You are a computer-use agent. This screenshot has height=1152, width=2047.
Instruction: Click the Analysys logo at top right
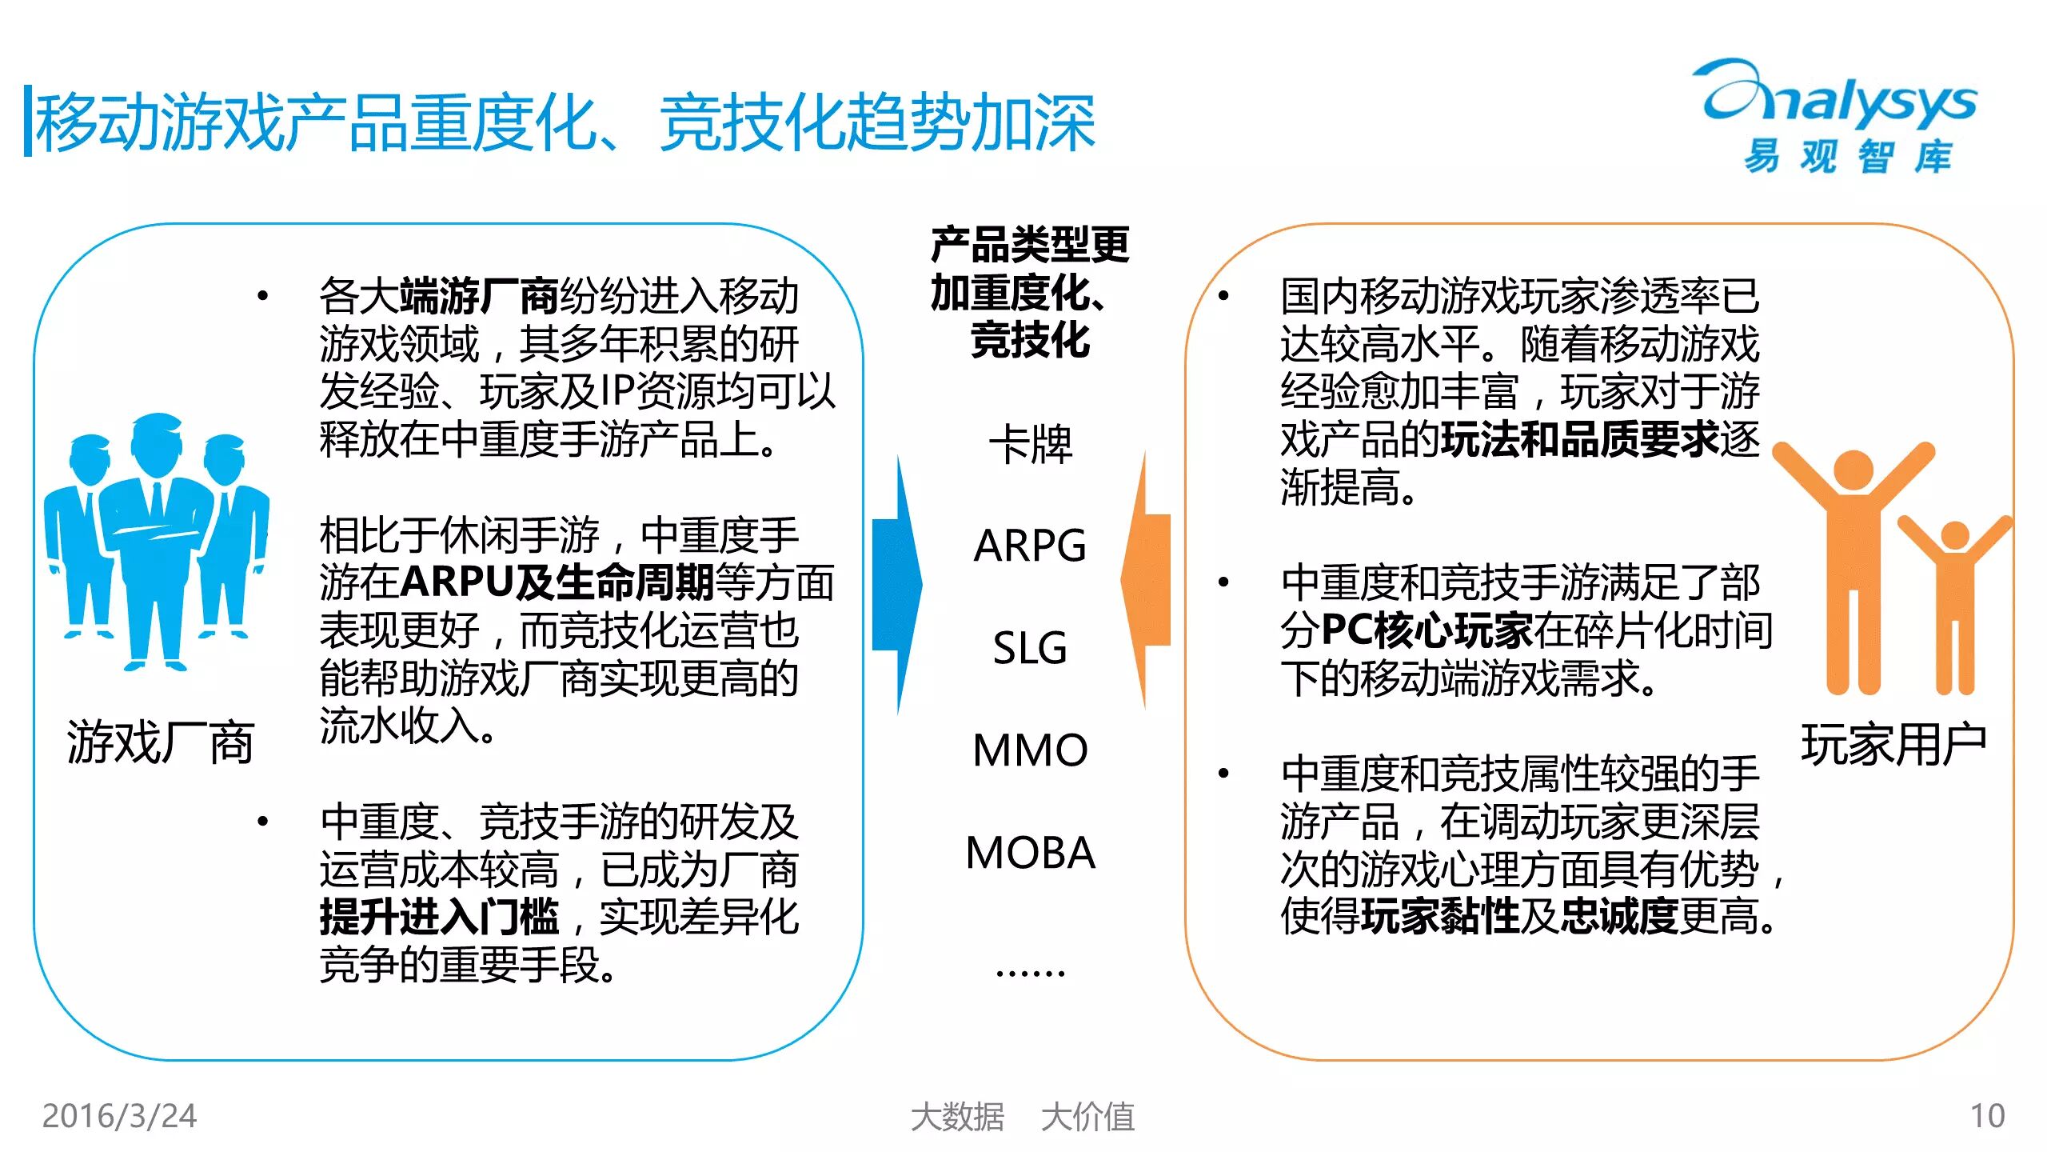1839,116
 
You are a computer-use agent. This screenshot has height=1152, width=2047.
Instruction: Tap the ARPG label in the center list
1030,546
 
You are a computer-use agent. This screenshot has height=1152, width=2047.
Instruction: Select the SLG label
1030,648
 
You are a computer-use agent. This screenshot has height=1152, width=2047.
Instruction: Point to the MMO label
1030,750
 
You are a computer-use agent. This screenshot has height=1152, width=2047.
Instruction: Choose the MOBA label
1030,853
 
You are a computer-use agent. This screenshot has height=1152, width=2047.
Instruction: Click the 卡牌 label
1030,445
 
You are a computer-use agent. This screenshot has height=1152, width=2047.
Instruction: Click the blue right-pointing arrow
897,584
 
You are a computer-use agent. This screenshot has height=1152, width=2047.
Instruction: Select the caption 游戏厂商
160,742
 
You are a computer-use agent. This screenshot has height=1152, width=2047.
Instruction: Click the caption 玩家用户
1893,744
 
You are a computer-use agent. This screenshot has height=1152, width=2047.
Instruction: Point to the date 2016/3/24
119,1116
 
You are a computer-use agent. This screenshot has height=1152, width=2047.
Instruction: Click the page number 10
1987,1116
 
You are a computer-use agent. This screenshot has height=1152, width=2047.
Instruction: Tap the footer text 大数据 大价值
1023,1117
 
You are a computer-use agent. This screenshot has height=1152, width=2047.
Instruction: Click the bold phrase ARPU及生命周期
557,582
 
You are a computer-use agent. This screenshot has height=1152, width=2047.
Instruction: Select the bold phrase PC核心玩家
1427,630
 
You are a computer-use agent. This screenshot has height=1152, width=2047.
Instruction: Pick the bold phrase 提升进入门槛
439,917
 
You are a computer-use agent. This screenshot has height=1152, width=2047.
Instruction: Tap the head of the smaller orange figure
1955,534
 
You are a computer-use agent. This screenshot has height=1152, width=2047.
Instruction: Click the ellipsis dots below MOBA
1030,973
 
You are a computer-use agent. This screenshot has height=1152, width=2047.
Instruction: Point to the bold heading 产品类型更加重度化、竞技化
1030,292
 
